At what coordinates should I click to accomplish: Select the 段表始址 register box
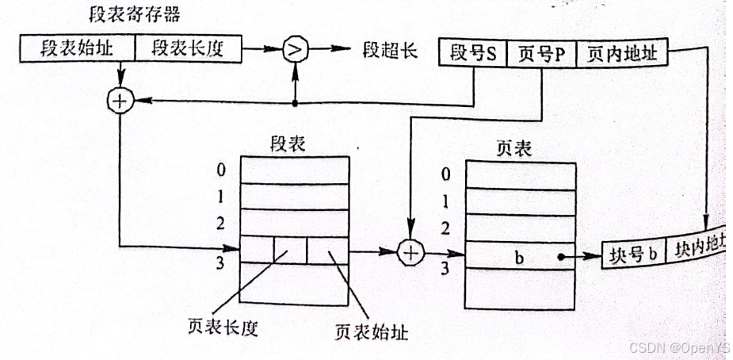click(x=76, y=50)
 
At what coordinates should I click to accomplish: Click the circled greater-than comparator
click(x=295, y=50)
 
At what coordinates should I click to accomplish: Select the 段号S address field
click(x=474, y=54)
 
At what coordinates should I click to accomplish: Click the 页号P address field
click(x=541, y=54)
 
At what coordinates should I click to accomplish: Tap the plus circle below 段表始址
click(x=119, y=101)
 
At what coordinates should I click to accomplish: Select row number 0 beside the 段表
click(x=224, y=170)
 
